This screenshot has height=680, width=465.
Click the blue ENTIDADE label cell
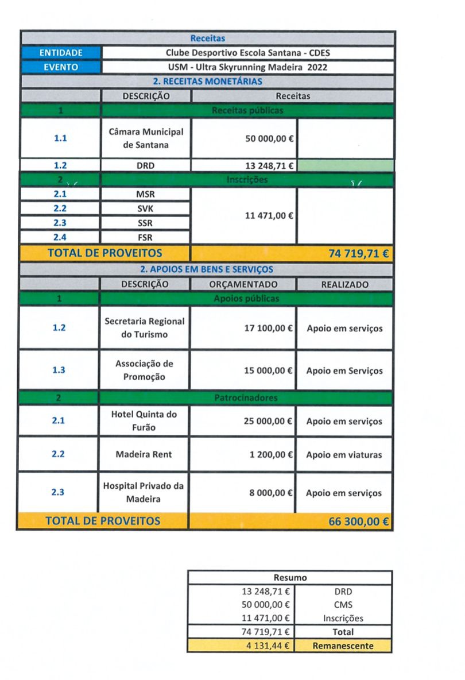[61, 53]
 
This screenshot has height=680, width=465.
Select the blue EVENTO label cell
[61, 67]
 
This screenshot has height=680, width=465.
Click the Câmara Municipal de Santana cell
[146, 138]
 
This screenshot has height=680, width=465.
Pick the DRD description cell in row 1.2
[146, 166]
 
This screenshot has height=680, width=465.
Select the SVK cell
[146, 208]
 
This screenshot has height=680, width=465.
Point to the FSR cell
[146, 237]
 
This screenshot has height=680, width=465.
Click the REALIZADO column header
[345, 284]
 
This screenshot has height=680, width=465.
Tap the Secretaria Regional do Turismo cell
[144, 328]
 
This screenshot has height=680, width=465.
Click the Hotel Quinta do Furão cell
[144, 420]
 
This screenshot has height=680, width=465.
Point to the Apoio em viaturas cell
[344, 455]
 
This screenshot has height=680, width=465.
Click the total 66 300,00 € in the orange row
[359, 521]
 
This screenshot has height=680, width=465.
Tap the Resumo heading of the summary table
[290, 578]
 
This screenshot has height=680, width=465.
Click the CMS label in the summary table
[343, 605]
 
